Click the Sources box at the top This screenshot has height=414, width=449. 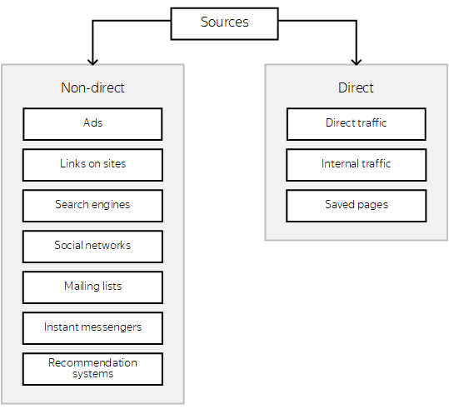point(225,24)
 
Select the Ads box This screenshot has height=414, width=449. point(92,124)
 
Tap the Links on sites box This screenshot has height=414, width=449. point(92,165)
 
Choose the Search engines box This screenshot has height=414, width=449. point(92,206)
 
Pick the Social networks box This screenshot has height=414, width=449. point(92,247)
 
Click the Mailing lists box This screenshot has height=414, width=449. point(92,287)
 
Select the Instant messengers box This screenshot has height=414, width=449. point(92,328)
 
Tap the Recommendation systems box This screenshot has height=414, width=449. point(92,369)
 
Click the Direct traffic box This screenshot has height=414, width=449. point(357,124)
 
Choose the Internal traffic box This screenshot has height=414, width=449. point(357,165)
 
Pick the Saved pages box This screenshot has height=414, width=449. point(357,206)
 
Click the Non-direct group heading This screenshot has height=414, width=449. point(92,87)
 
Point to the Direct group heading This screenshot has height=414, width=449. point(356,87)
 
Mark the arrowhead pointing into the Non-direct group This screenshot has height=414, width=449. point(92,62)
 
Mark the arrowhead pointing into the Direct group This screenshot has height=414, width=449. point(357,62)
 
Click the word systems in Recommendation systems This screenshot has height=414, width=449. point(92,374)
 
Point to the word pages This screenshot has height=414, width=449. point(373,205)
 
